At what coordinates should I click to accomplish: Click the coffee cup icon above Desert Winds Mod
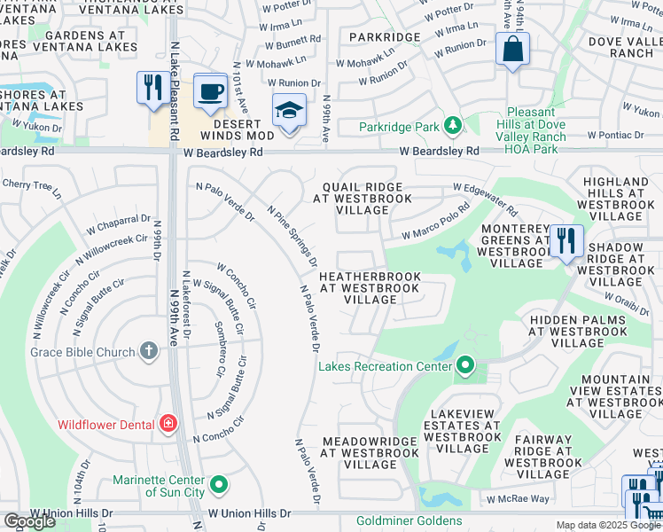coord(210,91)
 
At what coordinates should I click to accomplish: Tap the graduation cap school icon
coord(289,112)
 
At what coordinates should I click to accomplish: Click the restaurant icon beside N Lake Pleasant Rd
coord(153,88)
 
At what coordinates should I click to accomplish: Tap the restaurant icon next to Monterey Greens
coord(565,240)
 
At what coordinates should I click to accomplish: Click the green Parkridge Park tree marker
coord(452,127)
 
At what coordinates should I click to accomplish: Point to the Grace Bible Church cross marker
coord(148,352)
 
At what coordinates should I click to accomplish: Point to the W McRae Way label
coord(518,498)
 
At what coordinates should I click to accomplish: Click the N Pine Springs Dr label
coord(292,236)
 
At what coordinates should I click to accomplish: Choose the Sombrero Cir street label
coord(219,346)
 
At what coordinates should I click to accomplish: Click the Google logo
coord(29,521)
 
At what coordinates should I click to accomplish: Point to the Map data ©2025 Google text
coord(607,525)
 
